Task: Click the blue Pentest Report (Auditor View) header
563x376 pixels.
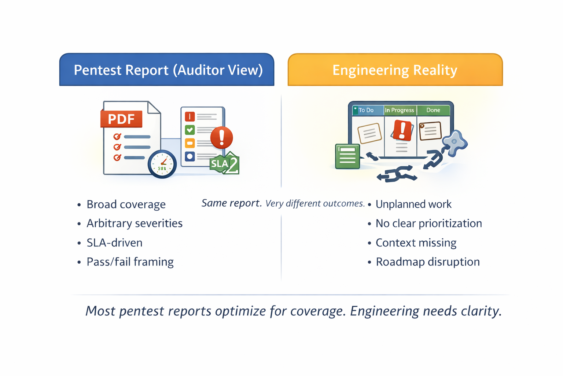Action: (x=167, y=70)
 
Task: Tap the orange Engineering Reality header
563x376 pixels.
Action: (x=395, y=70)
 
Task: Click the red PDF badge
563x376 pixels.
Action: (x=121, y=119)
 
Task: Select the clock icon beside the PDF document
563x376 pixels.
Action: (x=162, y=164)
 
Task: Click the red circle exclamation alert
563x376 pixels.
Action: (x=221, y=137)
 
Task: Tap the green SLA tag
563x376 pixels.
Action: (x=224, y=163)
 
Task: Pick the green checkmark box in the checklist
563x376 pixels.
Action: (x=190, y=130)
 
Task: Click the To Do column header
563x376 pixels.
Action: (x=367, y=110)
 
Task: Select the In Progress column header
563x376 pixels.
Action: (x=400, y=110)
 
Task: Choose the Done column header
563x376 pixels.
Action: (x=433, y=110)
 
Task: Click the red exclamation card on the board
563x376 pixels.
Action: (x=402, y=130)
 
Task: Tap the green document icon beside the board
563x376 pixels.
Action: (x=347, y=156)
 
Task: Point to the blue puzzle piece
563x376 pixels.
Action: (x=455, y=142)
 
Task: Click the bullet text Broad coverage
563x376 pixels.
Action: (x=126, y=204)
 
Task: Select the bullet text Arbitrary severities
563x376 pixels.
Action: (x=135, y=223)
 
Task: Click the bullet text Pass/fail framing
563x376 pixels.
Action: (x=130, y=262)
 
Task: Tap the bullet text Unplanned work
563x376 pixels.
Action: (x=413, y=204)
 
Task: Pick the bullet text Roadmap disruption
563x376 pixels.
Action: (x=428, y=262)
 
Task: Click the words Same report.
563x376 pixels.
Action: (x=231, y=203)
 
